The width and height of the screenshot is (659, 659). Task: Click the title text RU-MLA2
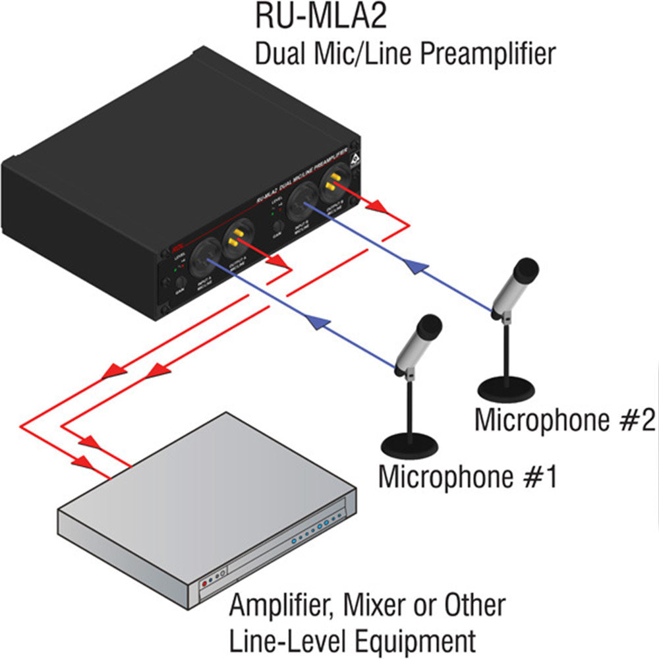[x=321, y=17]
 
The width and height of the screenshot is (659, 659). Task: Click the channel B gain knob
[x=278, y=226]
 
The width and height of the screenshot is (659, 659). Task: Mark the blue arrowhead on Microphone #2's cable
[x=412, y=266]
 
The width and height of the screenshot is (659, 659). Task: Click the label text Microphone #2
[x=565, y=420]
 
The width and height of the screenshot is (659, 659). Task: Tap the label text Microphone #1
[x=468, y=476]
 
